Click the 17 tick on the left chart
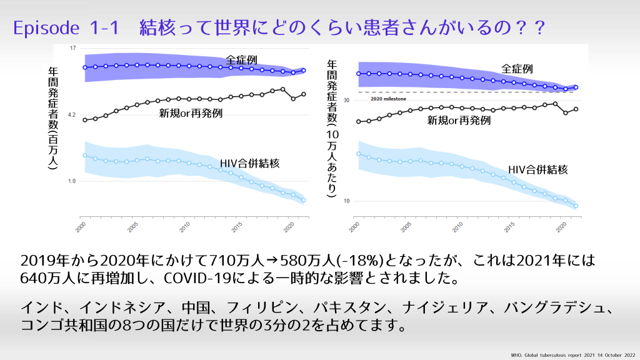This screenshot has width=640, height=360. click(x=72, y=48)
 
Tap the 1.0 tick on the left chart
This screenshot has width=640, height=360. click(x=72, y=181)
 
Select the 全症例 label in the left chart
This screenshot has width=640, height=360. click(x=241, y=60)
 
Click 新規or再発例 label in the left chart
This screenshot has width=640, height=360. click(x=191, y=112)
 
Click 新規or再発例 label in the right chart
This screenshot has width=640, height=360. click(x=459, y=121)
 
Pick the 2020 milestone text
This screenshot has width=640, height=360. click(x=387, y=99)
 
